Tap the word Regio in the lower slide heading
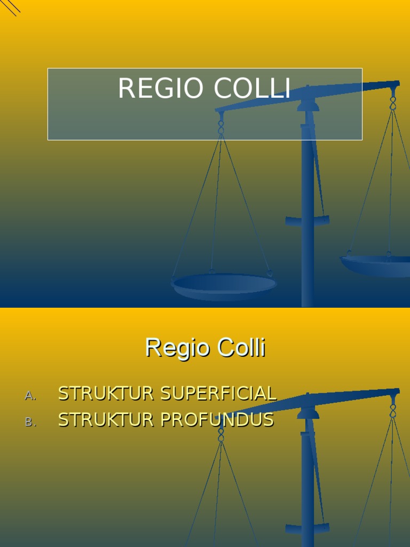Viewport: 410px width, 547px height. click(x=171, y=348)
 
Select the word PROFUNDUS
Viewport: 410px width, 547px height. click(x=217, y=420)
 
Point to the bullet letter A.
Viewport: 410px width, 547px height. click(x=30, y=396)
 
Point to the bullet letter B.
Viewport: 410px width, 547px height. click(x=30, y=422)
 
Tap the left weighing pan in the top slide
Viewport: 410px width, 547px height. click(x=224, y=286)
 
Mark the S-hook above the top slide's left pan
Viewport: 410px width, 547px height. click(x=221, y=126)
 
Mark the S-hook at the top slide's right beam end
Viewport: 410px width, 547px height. click(x=393, y=101)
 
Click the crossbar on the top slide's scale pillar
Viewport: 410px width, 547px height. click(x=307, y=220)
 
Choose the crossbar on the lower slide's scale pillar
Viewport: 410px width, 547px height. click(x=307, y=529)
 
